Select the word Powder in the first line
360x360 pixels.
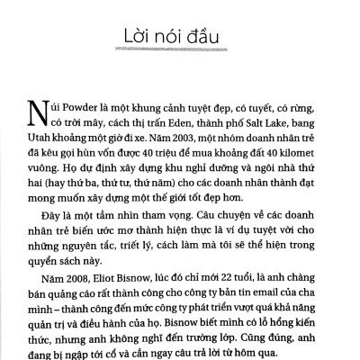(99, 105)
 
